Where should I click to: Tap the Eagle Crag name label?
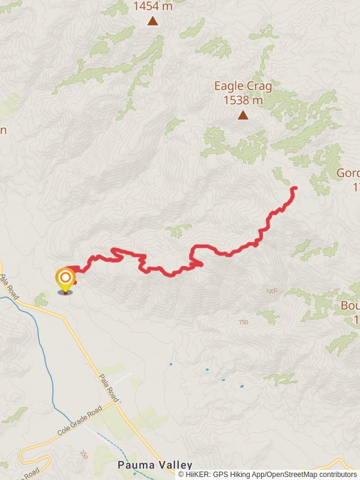coord(243,86)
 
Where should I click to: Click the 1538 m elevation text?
coord(243,100)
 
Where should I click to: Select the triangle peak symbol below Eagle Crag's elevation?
coord(243,115)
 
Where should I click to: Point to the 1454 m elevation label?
coord(153,7)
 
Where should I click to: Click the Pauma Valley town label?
coord(155,465)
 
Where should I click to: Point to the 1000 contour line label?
coord(272,291)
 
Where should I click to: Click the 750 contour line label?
coord(243,322)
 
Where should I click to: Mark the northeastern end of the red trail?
coord(295,189)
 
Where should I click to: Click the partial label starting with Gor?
coord(348,173)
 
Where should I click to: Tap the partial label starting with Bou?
coord(349,305)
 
